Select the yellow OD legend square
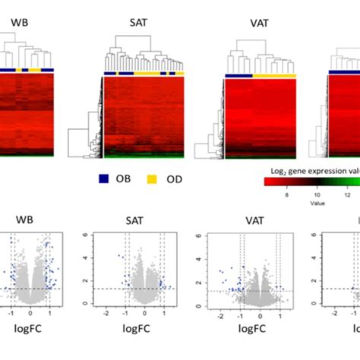click(x=154, y=179)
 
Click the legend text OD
click(x=175, y=180)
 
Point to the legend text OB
click(x=125, y=180)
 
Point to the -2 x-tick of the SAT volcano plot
click(x=106, y=312)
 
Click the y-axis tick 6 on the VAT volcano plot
click(x=200, y=235)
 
